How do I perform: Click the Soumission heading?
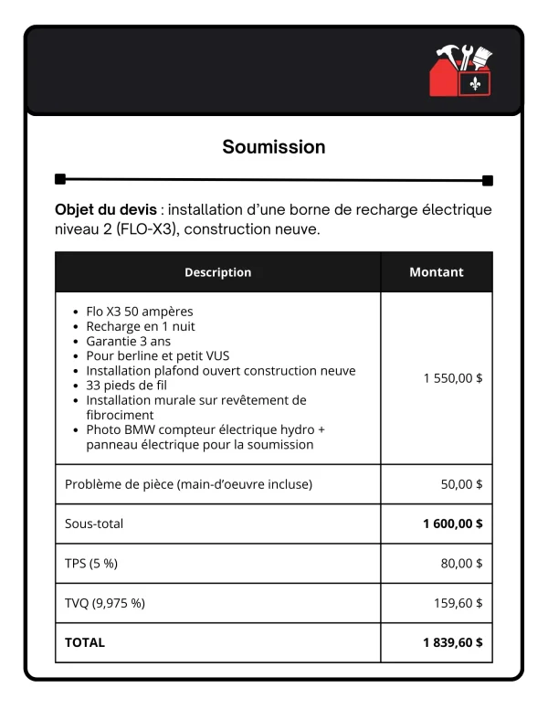[274, 146]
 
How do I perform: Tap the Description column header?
[217, 272]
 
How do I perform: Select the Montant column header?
[436, 272]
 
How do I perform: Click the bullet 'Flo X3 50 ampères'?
[139, 312]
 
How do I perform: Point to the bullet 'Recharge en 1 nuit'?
[141, 326]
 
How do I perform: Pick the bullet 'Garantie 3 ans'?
[128, 341]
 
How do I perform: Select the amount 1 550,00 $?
[453, 377]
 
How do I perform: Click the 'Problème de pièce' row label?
[188, 484]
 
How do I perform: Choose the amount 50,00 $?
[461, 484]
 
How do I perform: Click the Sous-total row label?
[94, 524]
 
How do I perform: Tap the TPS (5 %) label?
[91, 564]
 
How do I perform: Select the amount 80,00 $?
[461, 564]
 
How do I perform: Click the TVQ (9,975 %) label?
[105, 603]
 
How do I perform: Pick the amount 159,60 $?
[458, 603]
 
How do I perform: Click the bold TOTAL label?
[85, 642]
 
